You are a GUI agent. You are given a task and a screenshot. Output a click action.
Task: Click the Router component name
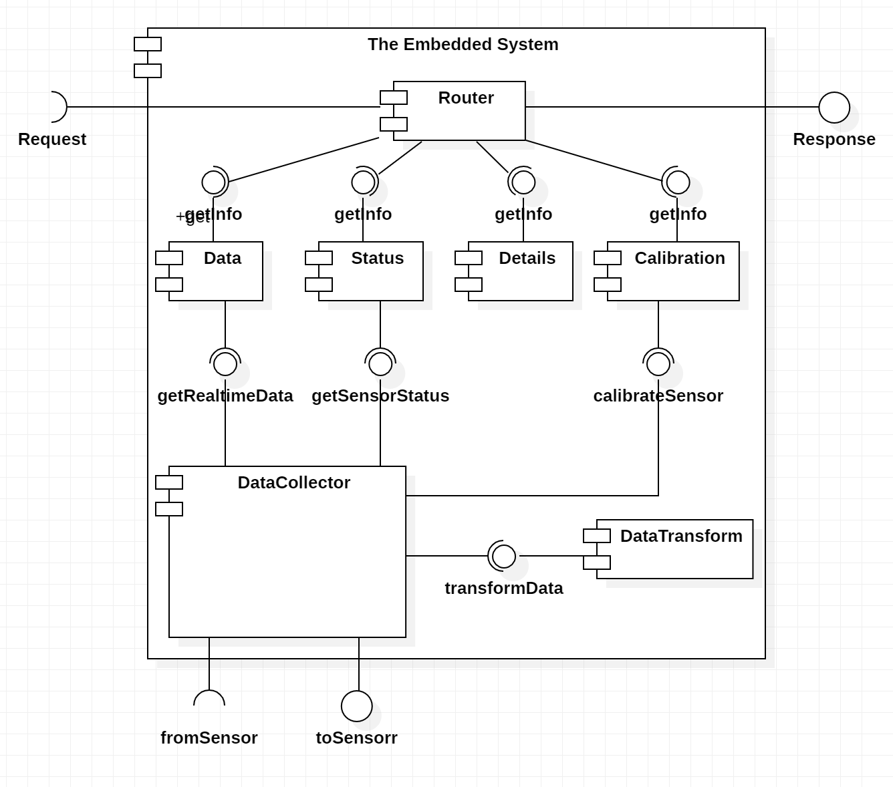[466, 98]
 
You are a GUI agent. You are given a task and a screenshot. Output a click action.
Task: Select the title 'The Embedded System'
[463, 45]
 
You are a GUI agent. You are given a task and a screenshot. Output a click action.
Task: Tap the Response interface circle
[834, 107]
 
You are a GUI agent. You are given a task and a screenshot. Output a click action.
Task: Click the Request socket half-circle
[59, 107]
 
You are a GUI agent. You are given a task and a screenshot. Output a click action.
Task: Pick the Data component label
[222, 259]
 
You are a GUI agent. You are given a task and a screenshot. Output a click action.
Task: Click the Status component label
[377, 259]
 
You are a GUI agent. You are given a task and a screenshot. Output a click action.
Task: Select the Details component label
[527, 259]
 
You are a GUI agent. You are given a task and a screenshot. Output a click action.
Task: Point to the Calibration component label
[679, 259]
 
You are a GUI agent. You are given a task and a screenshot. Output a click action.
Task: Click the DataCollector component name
[293, 483]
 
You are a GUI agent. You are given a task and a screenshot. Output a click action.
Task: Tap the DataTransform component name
[680, 536]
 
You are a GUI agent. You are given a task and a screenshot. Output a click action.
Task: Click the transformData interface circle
[503, 556]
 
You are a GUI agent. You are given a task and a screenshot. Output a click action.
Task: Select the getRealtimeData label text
[225, 396]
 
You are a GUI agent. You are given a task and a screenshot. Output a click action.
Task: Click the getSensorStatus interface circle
[380, 364]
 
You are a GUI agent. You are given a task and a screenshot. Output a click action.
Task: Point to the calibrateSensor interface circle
[658, 364]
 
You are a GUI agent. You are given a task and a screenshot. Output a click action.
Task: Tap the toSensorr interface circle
[356, 706]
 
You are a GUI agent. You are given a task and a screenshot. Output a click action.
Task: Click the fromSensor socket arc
[209, 697]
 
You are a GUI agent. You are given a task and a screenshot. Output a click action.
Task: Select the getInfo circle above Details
[523, 182]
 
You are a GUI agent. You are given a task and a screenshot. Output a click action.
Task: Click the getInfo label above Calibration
[678, 214]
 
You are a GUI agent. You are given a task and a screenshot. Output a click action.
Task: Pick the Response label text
[834, 140]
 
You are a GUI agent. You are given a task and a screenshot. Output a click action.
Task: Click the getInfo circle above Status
[363, 182]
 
